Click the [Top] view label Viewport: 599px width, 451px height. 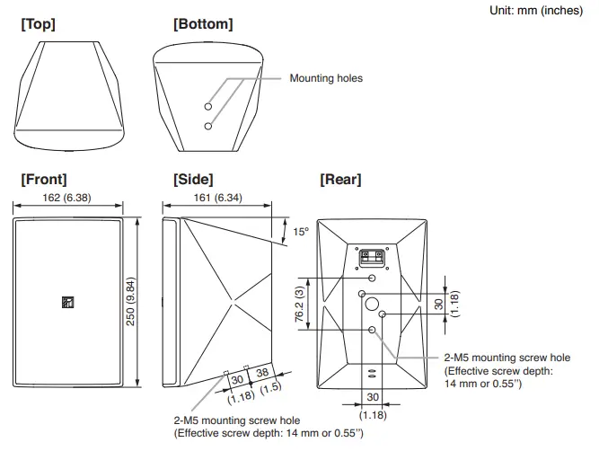click(x=38, y=25)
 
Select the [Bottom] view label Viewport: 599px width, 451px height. click(x=203, y=25)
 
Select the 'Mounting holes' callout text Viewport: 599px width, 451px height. click(x=326, y=79)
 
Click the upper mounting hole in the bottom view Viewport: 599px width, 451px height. click(x=208, y=101)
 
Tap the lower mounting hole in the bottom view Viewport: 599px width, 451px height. click(x=208, y=125)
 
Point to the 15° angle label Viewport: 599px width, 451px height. click(x=301, y=232)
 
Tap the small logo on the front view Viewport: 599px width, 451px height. click(x=66, y=301)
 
